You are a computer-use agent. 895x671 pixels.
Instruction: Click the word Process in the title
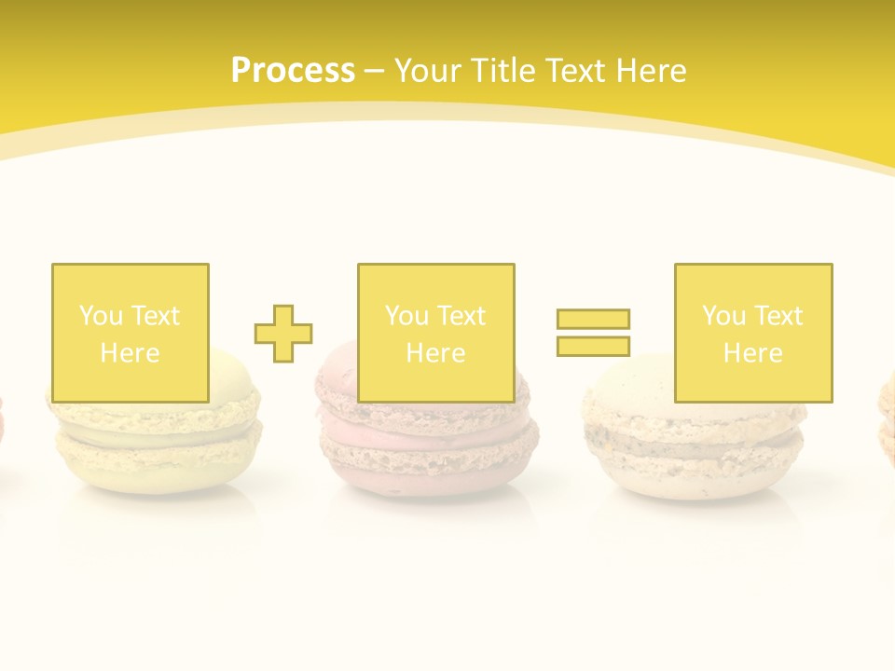coord(293,71)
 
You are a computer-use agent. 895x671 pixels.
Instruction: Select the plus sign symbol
coord(283,333)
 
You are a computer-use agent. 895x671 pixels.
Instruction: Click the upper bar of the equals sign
coord(593,319)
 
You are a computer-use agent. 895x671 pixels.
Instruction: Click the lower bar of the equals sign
coord(593,346)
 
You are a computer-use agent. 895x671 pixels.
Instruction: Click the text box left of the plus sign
coord(131,333)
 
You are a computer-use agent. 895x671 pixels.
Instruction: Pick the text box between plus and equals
coord(435,333)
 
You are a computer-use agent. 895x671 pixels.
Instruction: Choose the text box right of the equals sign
coord(753,333)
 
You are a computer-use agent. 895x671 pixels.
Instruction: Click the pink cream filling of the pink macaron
coord(427,435)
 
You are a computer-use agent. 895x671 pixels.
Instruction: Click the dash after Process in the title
coord(374,71)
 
